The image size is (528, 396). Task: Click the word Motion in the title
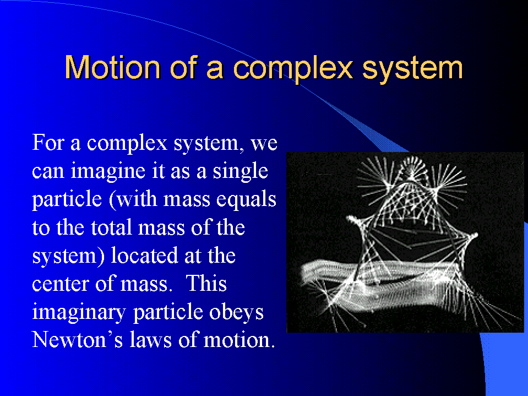(x=112, y=67)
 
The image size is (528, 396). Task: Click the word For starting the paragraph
(x=48, y=143)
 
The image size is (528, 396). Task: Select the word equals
(x=246, y=200)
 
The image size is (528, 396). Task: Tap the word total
(x=111, y=227)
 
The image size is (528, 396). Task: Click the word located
(x=144, y=256)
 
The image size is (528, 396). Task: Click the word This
(x=206, y=284)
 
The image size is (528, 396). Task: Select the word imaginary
(x=79, y=313)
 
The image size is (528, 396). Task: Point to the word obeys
(x=236, y=312)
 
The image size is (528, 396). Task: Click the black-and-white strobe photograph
(x=405, y=242)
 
